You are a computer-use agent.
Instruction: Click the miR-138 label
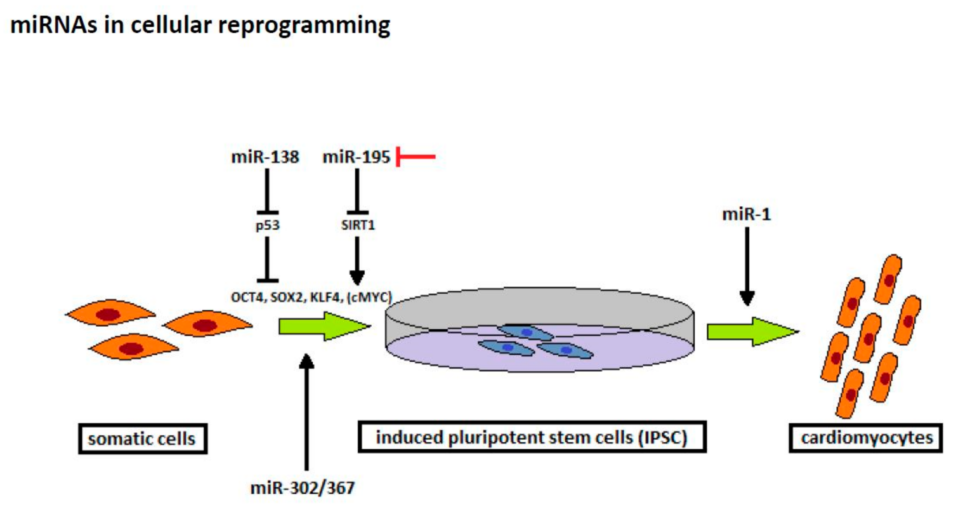265,157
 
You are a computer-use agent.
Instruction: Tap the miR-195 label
356,157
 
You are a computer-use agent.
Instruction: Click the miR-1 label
747,214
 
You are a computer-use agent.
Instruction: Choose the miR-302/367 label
302,488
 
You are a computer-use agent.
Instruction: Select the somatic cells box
143,439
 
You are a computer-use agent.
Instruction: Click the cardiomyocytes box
866,438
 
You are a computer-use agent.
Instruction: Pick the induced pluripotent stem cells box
532,437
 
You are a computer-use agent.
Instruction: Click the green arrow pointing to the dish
324,326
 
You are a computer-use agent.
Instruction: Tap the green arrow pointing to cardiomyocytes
753,331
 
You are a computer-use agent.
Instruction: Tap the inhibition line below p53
267,259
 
